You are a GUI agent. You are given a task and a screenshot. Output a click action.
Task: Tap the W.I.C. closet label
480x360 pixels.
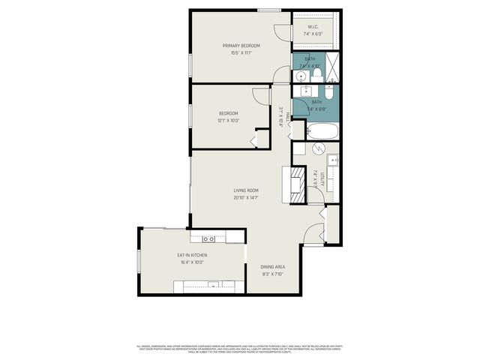[313, 28]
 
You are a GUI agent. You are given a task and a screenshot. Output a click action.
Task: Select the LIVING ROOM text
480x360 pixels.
[245, 191]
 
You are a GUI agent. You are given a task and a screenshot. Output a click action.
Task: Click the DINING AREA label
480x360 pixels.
[271, 267]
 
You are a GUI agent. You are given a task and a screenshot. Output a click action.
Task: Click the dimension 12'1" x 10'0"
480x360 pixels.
[228, 120]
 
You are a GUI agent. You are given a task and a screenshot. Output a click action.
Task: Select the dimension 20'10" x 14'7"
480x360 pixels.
[245, 198]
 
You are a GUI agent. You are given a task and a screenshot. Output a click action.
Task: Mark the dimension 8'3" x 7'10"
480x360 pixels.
[271, 274]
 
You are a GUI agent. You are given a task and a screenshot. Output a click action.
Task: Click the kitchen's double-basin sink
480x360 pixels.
[208, 238]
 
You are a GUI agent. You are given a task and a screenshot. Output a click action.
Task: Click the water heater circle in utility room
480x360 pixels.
[318, 149]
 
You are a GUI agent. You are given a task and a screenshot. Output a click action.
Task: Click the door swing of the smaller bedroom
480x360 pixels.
[260, 95]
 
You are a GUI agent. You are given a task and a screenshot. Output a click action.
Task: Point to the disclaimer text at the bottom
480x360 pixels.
[239, 349]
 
